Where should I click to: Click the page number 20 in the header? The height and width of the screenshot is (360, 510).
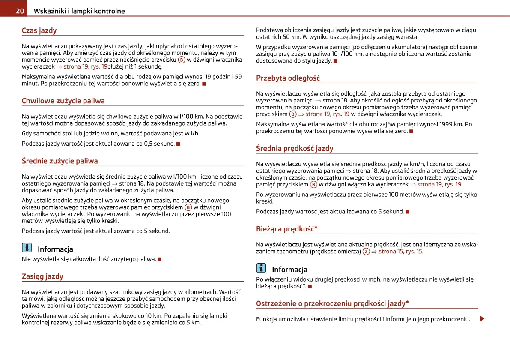(20, 11)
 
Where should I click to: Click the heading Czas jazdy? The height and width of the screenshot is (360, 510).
(39, 30)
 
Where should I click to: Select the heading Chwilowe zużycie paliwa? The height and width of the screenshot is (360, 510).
(63, 101)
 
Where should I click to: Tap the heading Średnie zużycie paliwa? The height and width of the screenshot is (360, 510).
(60, 161)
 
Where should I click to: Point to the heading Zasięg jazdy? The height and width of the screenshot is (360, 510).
(42, 276)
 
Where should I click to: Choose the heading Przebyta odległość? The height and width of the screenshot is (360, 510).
(288, 78)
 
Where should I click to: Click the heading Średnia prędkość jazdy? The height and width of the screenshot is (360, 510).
(295, 148)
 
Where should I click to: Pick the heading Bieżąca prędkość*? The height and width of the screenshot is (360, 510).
(286, 229)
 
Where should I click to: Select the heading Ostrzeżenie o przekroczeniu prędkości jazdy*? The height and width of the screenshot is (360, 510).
(332, 303)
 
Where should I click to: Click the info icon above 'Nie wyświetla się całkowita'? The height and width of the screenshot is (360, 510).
(27, 248)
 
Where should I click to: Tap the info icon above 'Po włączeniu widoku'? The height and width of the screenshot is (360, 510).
(261, 268)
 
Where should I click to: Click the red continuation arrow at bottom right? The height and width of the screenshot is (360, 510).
(482, 319)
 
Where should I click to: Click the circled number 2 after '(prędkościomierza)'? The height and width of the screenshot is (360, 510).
(366, 252)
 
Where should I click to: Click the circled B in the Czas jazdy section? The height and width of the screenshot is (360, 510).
(182, 60)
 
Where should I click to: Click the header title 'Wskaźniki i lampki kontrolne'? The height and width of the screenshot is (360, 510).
(79, 11)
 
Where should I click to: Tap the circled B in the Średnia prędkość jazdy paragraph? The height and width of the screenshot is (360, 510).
(313, 185)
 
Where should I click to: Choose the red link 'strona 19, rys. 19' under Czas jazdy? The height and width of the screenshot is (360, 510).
(85, 67)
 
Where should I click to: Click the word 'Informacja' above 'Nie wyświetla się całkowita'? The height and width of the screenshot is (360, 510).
(55, 249)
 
